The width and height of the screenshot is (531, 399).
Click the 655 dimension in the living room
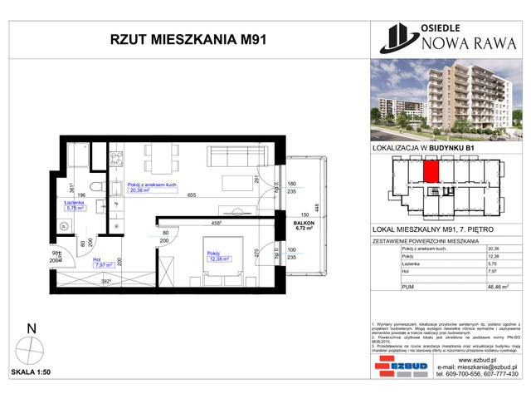click(191, 195)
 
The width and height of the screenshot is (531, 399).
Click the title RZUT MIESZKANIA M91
click(186, 37)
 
